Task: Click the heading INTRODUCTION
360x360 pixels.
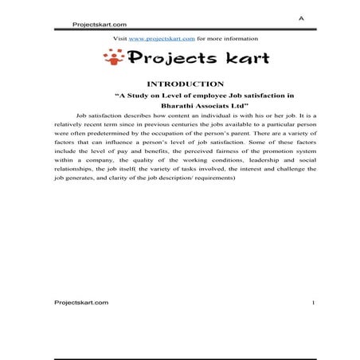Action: pos(185,84)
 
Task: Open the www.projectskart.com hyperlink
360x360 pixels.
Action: pos(162,38)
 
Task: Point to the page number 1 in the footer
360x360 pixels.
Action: pos(314,303)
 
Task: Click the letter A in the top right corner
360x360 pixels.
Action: pos(301,17)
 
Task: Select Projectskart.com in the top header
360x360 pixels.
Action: pos(99,25)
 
